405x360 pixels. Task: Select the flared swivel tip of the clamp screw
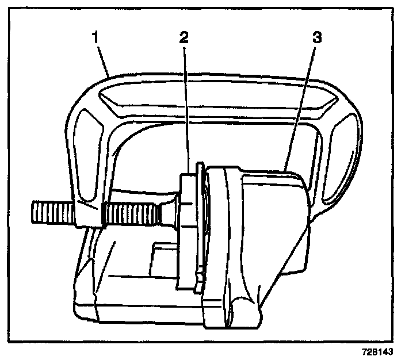tap(169, 212)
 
